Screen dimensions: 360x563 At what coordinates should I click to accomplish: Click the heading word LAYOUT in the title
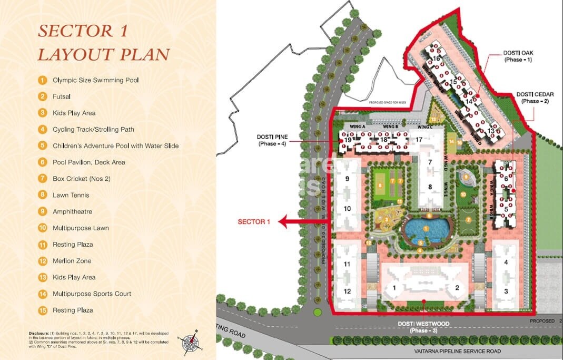click(x=72, y=54)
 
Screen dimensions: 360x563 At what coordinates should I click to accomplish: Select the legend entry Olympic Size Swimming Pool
click(x=95, y=80)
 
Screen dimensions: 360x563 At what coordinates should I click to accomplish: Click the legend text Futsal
click(x=61, y=96)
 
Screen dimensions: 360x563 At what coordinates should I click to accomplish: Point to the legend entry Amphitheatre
click(x=72, y=211)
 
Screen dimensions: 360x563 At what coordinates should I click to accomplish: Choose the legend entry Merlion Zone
click(x=72, y=261)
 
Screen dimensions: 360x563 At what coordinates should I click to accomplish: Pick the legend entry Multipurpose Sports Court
click(x=92, y=294)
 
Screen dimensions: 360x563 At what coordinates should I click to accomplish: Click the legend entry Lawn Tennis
click(x=71, y=195)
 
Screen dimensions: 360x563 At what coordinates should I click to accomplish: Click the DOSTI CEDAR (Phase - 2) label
click(x=534, y=97)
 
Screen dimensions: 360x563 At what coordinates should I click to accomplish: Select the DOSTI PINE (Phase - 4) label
click(x=272, y=140)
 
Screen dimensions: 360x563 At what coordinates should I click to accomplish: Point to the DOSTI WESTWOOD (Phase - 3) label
click(x=423, y=327)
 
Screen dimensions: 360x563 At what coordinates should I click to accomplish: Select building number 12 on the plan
click(x=347, y=291)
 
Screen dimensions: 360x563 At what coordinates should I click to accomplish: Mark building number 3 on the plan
click(x=506, y=291)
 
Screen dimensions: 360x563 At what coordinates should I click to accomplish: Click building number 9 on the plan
click(x=347, y=179)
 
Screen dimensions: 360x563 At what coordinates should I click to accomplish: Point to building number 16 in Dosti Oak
click(x=437, y=59)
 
